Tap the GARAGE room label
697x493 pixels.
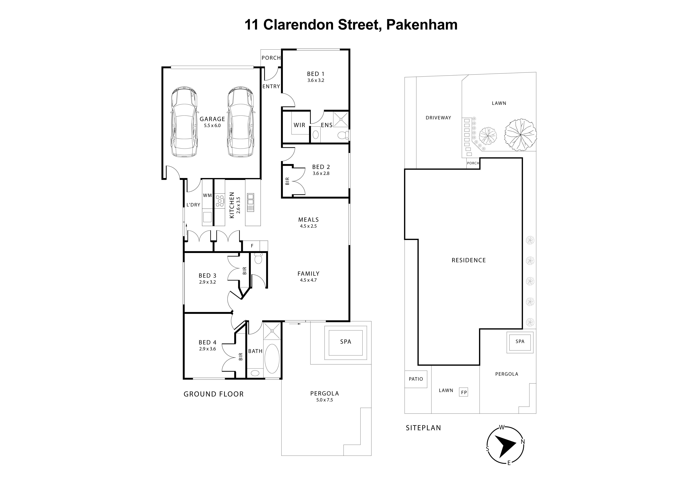point(212,119)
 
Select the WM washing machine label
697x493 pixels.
point(207,195)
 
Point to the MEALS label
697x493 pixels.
point(308,220)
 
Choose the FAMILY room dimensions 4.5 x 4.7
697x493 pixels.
point(308,280)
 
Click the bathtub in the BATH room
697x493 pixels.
point(272,359)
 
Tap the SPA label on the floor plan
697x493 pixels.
point(345,342)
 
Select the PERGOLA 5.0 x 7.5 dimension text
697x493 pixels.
point(325,400)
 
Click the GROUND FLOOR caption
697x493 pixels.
point(213,394)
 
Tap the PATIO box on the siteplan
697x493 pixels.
point(416,379)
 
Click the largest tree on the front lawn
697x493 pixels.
point(520,135)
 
